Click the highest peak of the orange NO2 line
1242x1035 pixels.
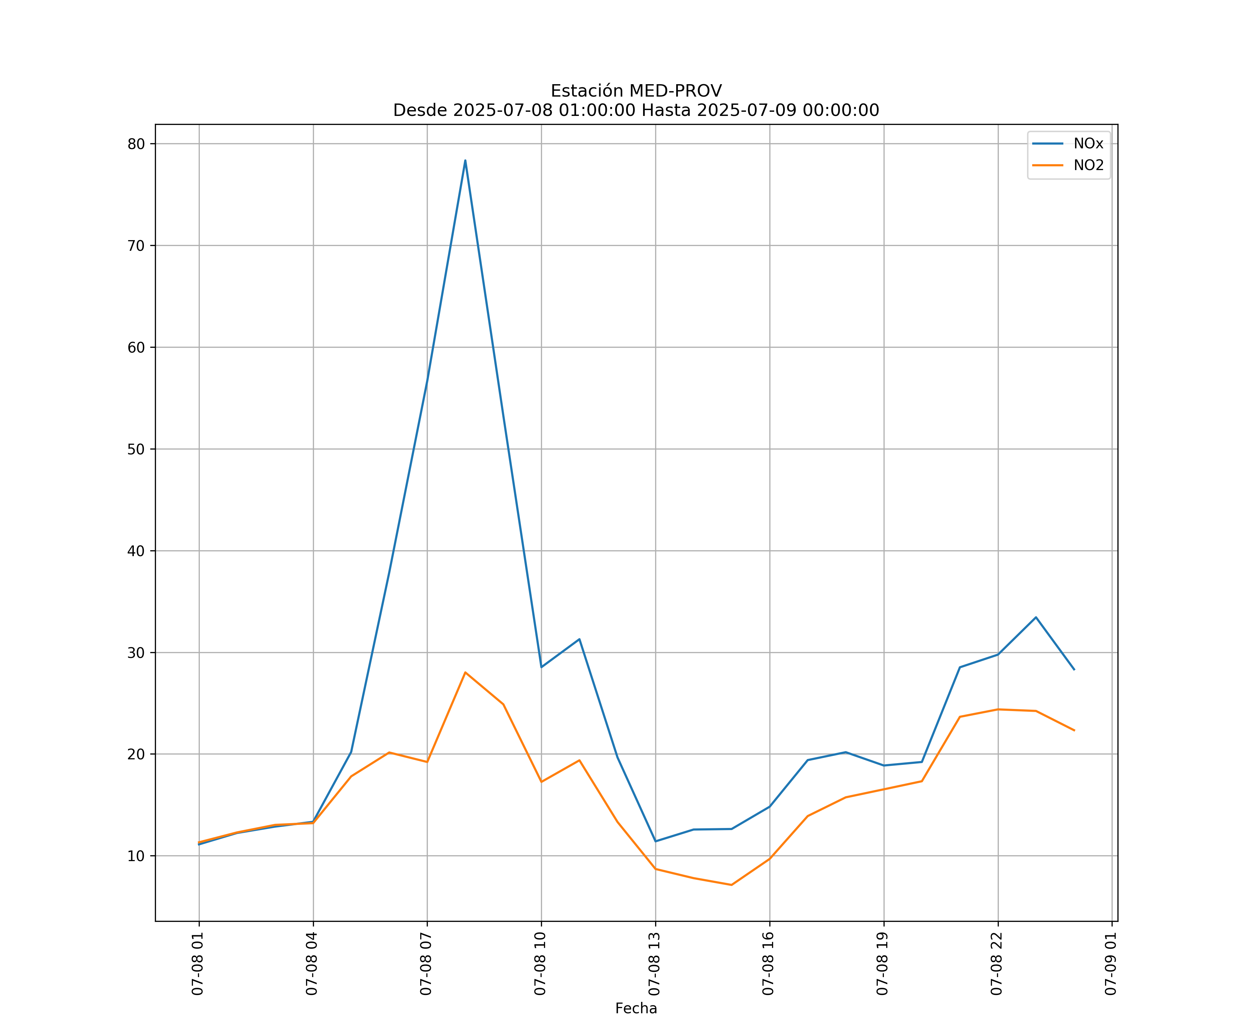click(465, 672)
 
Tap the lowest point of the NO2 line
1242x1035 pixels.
click(732, 885)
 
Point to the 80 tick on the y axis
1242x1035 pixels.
click(136, 144)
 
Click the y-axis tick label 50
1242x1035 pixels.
click(136, 449)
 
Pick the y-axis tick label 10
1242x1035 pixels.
click(136, 856)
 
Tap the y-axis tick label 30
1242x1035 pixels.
click(136, 652)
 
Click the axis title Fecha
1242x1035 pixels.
click(636, 1008)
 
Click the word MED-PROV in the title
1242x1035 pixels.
click(676, 91)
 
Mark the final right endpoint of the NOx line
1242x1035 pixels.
click(1074, 670)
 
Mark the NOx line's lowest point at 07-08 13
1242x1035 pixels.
click(655, 841)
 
